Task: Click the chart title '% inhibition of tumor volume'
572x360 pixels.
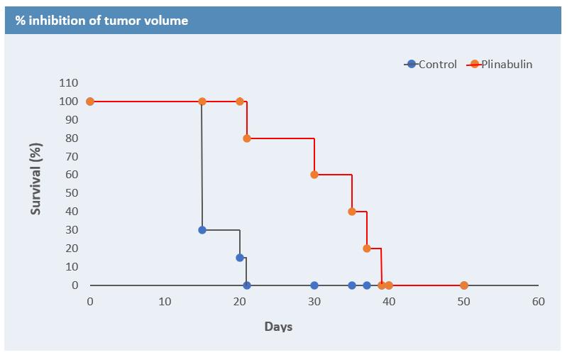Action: coord(102,21)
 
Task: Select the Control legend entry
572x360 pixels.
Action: coord(431,65)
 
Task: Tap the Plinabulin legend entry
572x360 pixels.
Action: coord(500,65)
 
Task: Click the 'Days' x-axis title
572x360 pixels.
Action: coord(278,327)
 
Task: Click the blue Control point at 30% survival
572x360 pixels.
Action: coord(202,230)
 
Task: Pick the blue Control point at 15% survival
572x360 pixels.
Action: coord(240,258)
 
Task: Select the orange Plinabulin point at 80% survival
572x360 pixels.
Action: coord(247,138)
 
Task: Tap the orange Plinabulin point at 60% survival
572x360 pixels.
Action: coord(314,175)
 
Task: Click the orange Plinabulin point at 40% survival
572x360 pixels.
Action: coord(352,212)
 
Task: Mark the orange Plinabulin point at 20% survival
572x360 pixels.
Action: coord(367,249)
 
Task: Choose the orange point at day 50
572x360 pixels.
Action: coord(464,285)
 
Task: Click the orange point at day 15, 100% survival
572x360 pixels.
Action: coord(202,102)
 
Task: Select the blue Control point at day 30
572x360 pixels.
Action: coord(314,285)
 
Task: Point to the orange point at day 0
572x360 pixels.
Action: coord(90,102)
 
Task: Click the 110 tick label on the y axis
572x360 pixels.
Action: coord(68,83)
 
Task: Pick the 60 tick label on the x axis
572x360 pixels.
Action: coord(539,302)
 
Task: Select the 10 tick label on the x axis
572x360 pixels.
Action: coord(165,302)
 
